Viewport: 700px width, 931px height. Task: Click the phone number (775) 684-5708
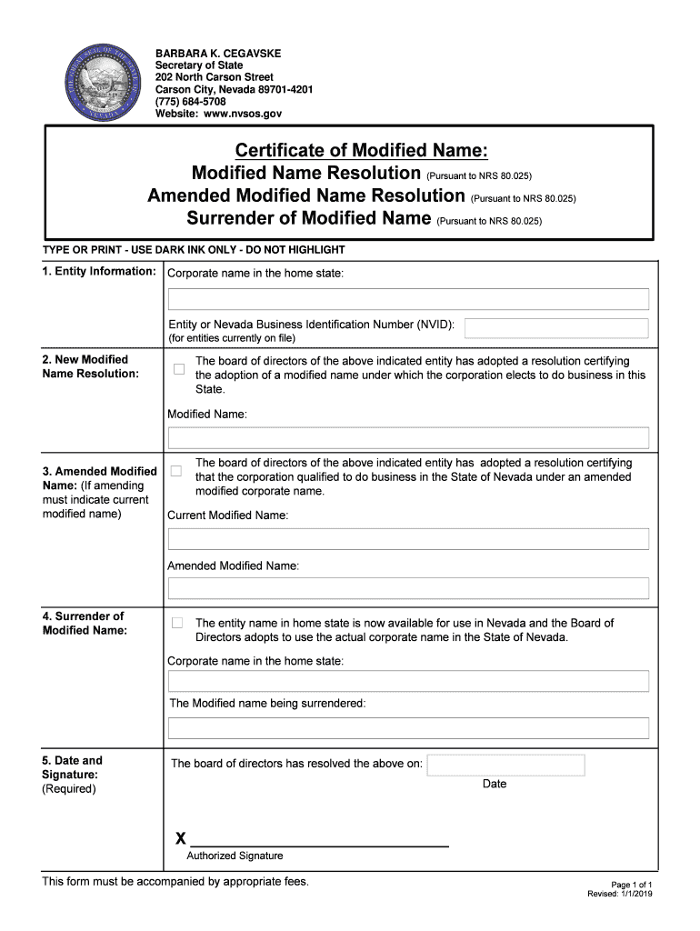190,102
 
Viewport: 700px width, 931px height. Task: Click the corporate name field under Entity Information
408,299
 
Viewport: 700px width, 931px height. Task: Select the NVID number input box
556,328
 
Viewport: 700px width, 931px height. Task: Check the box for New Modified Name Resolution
179,369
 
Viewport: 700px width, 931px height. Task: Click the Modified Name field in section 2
408,437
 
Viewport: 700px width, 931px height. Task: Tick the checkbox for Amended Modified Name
176,471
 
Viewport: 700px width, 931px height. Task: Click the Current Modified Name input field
408,539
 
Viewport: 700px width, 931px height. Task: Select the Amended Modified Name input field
408,588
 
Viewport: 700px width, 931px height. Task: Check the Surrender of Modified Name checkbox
177,623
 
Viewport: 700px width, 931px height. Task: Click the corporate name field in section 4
408,681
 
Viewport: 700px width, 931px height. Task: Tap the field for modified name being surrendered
408,728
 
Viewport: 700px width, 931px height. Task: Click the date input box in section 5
505,766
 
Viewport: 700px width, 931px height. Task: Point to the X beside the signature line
180,837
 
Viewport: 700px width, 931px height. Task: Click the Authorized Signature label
235,856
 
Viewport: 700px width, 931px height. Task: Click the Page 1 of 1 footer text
631,884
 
